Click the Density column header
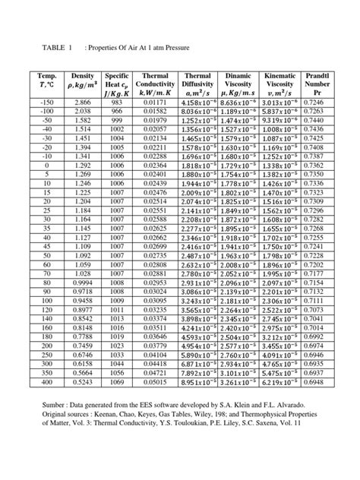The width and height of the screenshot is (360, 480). pyautogui.click(x=81, y=84)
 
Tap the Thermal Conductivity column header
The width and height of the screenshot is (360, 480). pyautogui.click(x=156, y=84)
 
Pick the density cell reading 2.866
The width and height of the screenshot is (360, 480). pyautogui.click(x=81, y=101)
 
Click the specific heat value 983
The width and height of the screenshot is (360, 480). pyautogui.click(x=116, y=101)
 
